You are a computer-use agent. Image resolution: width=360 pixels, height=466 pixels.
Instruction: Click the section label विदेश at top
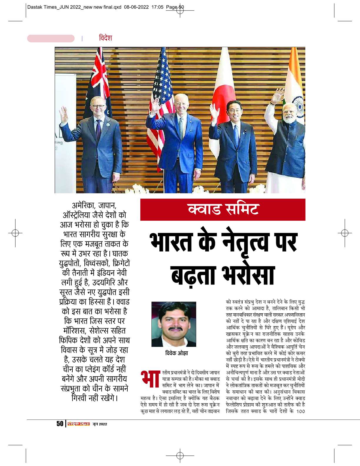click(105, 38)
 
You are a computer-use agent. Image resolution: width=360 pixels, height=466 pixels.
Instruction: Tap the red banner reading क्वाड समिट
click(223, 209)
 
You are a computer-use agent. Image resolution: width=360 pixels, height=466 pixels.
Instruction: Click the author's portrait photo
click(174, 324)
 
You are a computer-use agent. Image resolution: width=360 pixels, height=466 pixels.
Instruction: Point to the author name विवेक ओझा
click(176, 353)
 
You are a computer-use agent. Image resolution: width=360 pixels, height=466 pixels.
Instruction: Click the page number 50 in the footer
click(60, 424)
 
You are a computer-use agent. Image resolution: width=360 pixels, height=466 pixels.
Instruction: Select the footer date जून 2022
click(100, 424)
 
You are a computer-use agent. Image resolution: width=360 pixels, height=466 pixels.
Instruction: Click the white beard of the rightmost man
click(289, 119)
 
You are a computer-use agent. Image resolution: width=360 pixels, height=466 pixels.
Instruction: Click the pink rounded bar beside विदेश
click(51, 39)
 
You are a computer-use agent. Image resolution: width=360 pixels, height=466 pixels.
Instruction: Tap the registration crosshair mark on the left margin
click(15, 233)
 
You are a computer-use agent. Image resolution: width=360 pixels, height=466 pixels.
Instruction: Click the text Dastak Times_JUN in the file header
click(46, 7)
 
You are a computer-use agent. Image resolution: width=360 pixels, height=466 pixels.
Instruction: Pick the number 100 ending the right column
click(300, 411)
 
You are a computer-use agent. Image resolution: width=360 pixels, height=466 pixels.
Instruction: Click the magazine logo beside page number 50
click(78, 424)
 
